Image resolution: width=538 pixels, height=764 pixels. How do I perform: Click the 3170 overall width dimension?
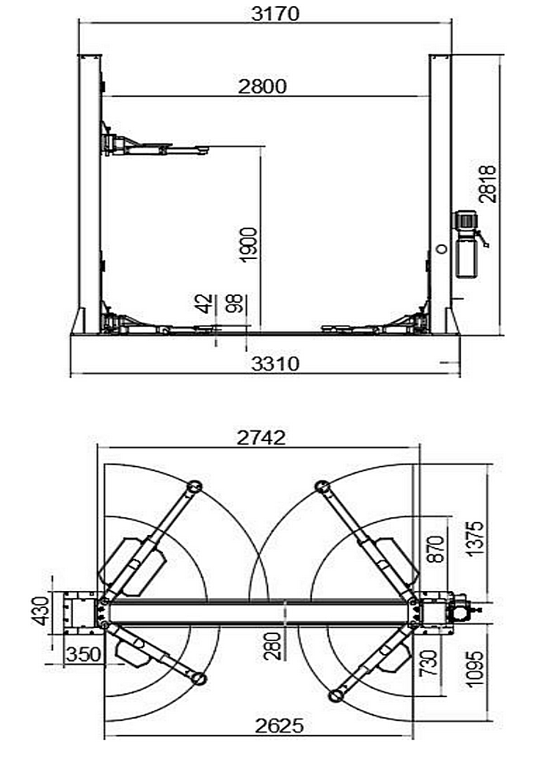[275, 14]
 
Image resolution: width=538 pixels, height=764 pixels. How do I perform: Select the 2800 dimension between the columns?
[262, 86]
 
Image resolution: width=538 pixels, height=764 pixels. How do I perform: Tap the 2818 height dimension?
[487, 184]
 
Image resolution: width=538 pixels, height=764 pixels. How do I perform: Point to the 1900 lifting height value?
[248, 244]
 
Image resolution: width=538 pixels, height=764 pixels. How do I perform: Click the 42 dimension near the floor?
[205, 303]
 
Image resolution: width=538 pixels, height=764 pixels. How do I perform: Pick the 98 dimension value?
[234, 303]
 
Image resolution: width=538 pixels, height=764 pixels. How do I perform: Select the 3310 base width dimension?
[275, 364]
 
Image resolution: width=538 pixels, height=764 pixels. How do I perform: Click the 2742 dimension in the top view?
[261, 437]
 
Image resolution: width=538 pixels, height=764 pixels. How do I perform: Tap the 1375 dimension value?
[475, 539]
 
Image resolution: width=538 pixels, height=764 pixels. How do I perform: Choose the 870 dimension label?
[436, 549]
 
